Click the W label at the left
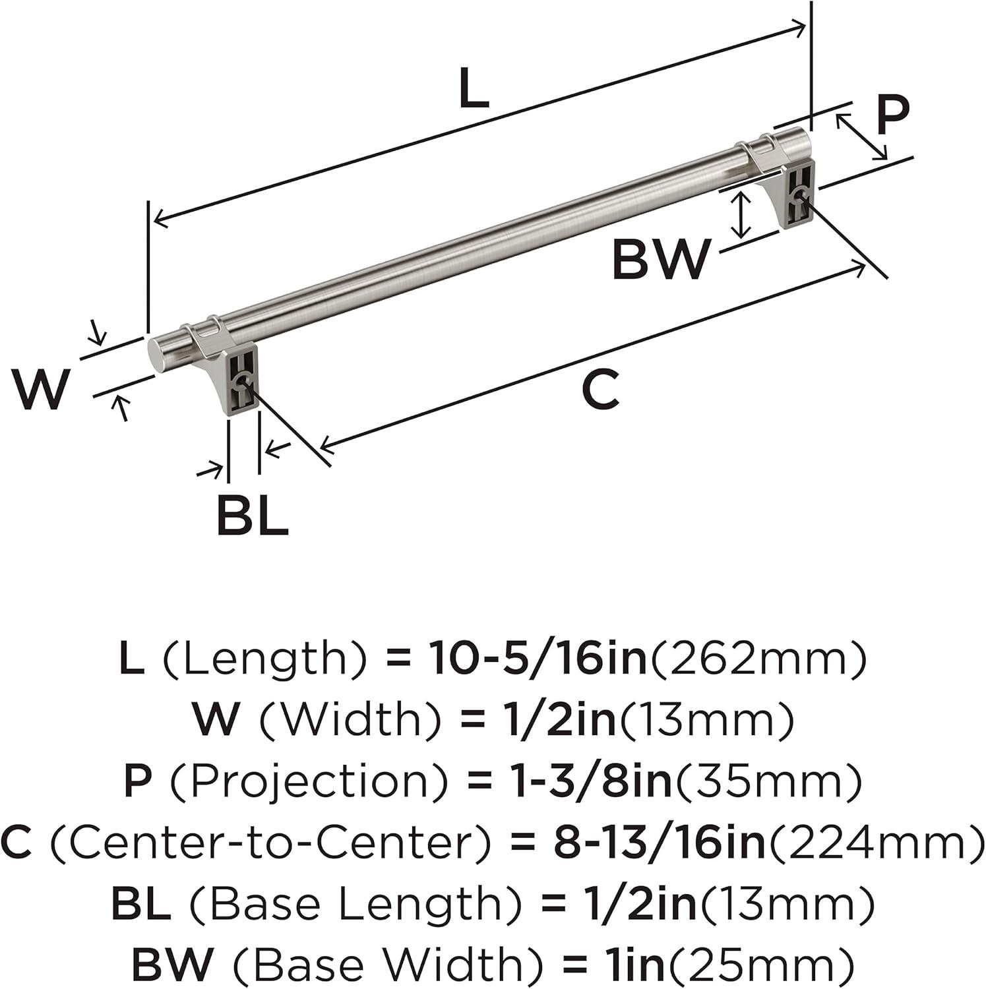[x=41, y=389]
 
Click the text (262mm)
[x=758, y=659]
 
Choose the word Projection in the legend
[x=309, y=781]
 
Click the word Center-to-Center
[x=270, y=842]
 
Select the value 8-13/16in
[x=660, y=842]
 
